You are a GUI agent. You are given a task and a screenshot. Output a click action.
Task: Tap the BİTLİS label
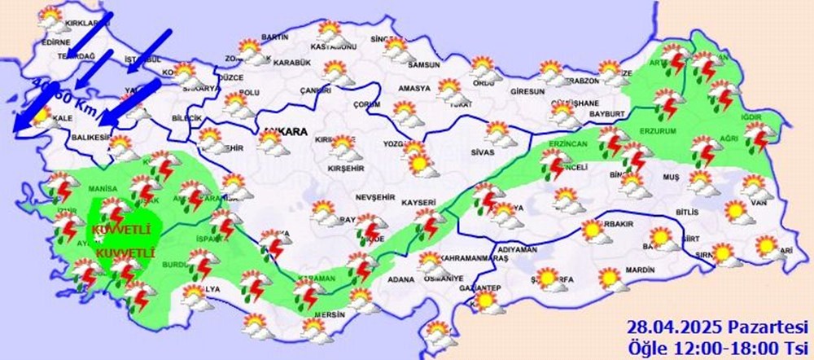(x=687, y=212)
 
